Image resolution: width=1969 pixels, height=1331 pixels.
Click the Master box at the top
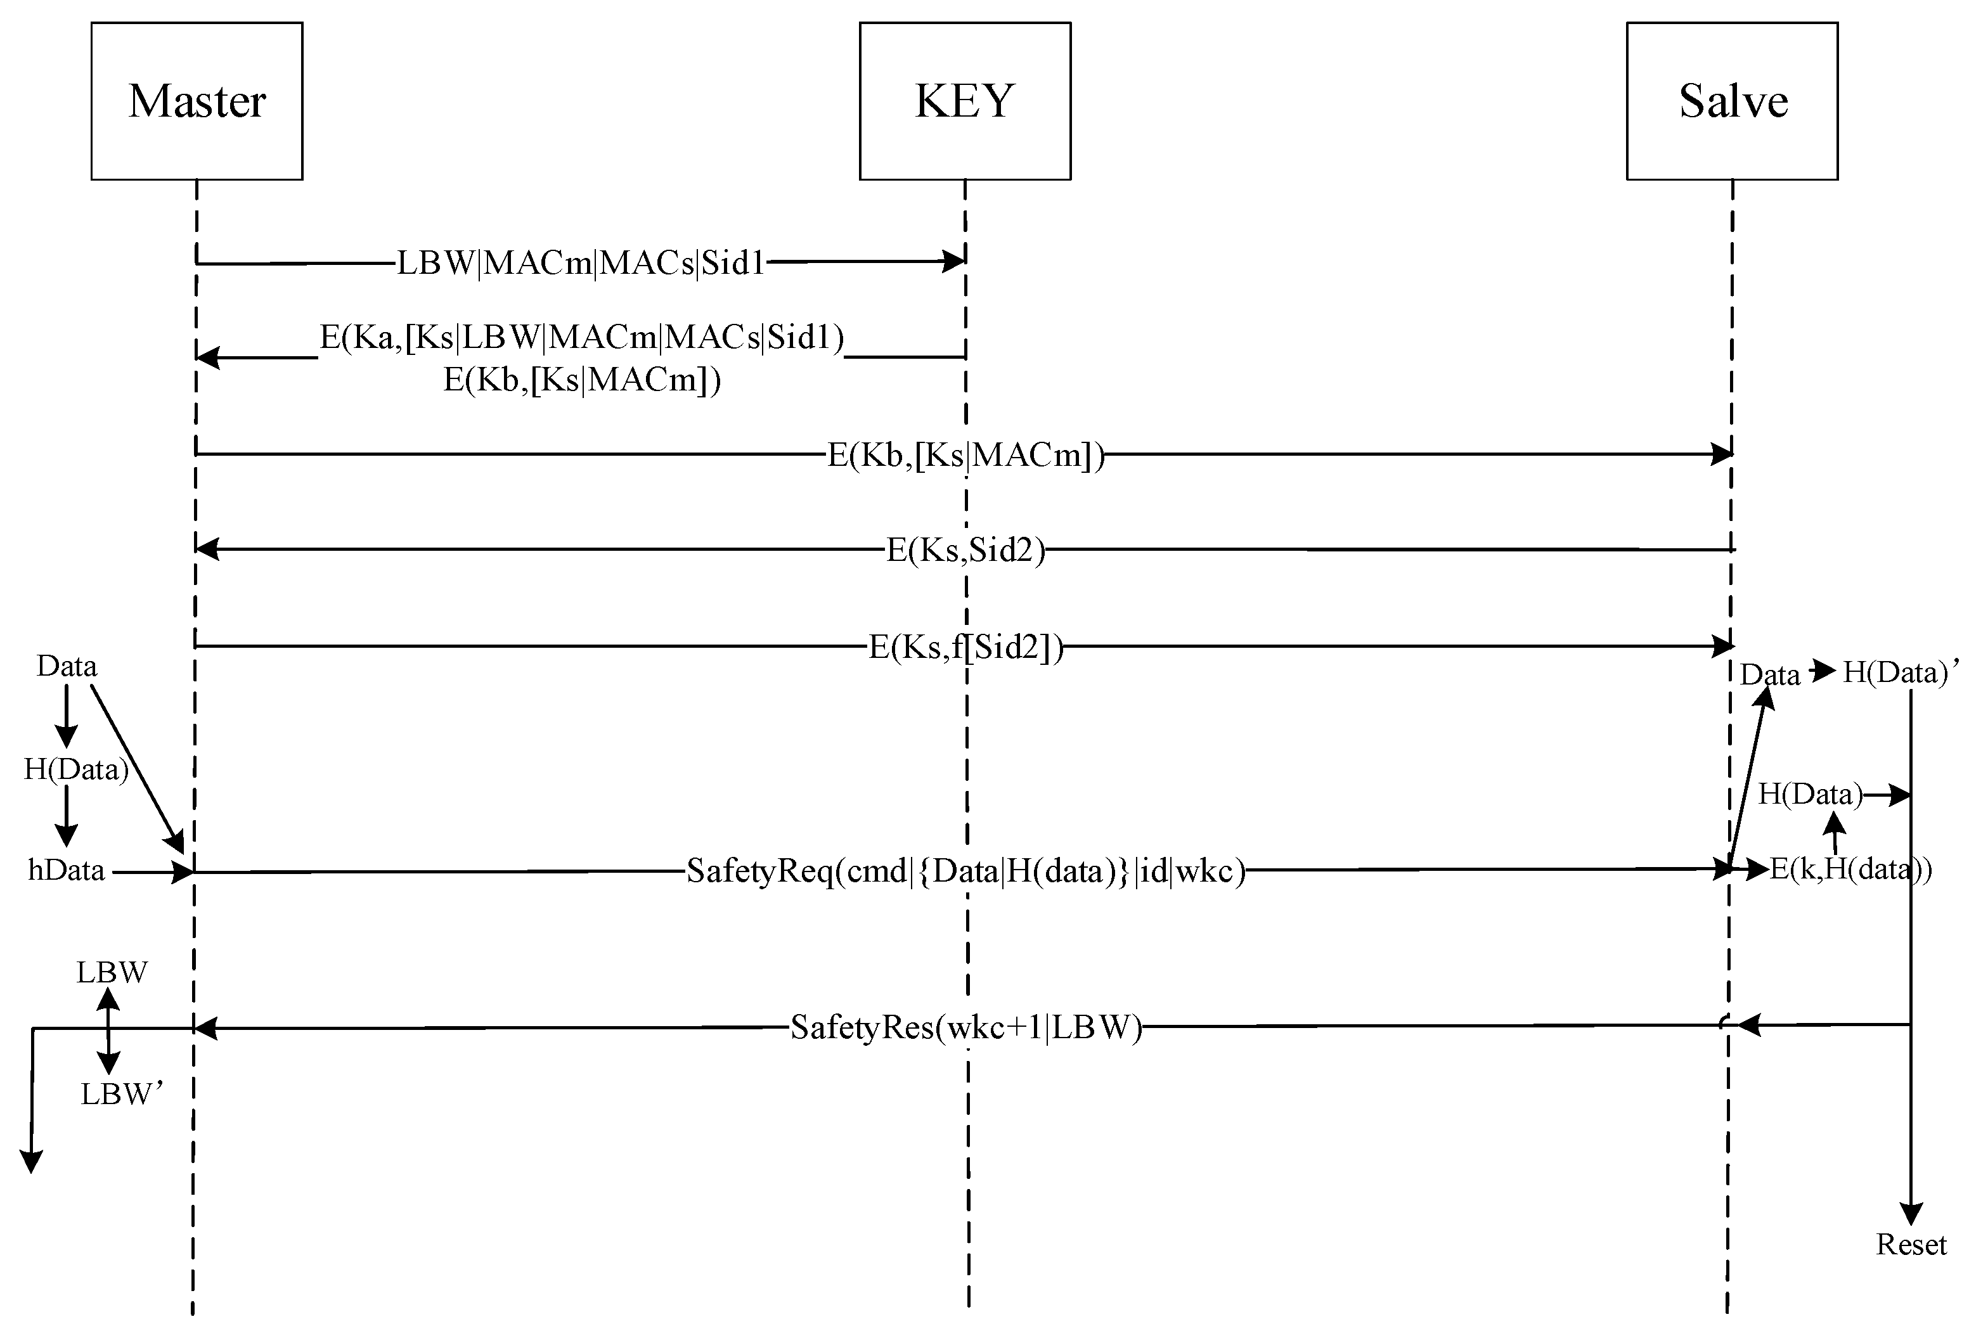coord(197,101)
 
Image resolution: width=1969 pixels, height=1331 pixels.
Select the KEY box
coord(965,101)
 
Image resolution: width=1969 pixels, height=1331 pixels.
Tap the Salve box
coord(1732,101)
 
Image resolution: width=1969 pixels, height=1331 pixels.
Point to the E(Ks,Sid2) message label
coord(965,550)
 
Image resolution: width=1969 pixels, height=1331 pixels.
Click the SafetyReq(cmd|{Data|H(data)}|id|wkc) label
coord(965,870)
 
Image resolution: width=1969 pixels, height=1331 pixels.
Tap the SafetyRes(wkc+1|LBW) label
coord(965,1027)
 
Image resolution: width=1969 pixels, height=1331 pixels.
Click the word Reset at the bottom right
coord(1911,1245)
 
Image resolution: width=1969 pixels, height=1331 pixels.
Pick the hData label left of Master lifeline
coord(66,870)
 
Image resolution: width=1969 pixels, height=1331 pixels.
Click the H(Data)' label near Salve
coord(1901,672)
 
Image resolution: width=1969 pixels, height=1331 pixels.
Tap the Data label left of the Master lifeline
coord(66,666)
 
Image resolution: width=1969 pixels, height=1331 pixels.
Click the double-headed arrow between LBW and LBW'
coord(108,1032)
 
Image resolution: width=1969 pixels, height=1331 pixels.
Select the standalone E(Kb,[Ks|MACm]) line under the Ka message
coord(581,380)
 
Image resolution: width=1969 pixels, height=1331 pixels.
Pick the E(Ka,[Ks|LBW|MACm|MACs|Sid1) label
coord(581,337)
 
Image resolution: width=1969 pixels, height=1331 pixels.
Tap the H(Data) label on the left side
coord(75,769)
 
